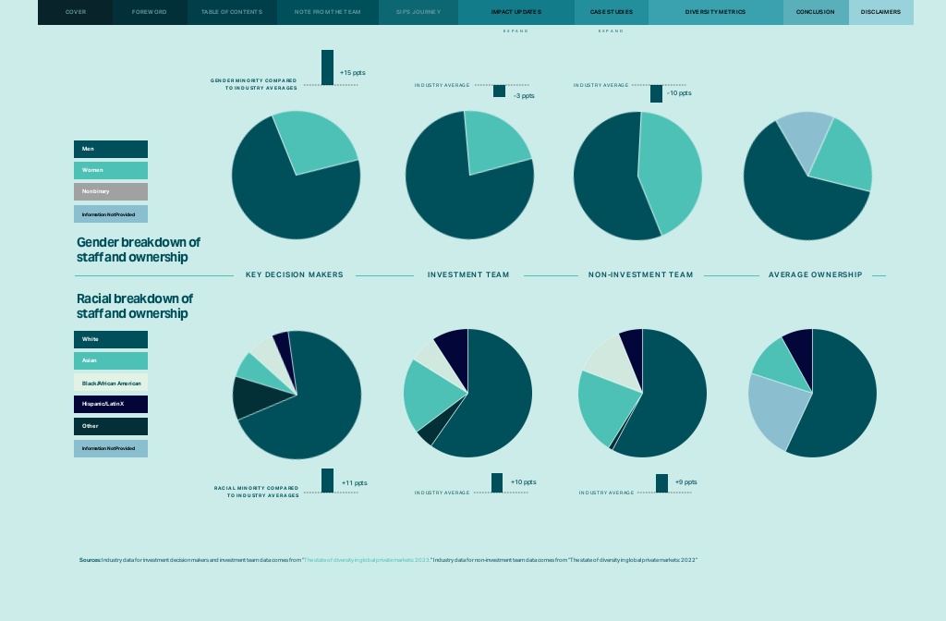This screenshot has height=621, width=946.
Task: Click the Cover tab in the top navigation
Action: [x=75, y=12]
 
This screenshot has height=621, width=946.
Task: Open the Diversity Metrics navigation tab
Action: [x=715, y=12]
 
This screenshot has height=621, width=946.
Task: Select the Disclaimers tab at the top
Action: [x=880, y=12]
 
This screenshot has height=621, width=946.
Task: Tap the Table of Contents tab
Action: [x=232, y=12]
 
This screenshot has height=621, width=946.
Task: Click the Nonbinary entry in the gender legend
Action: [x=110, y=191]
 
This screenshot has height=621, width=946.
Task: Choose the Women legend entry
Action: [x=110, y=170]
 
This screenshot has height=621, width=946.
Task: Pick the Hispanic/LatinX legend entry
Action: [x=110, y=405]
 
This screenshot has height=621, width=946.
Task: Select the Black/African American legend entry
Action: [x=110, y=383]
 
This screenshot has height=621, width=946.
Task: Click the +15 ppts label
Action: [x=353, y=72]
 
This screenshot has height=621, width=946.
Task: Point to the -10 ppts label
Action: [x=679, y=93]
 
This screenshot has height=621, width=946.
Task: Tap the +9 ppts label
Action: [x=685, y=482]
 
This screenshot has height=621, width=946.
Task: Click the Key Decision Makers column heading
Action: [x=294, y=275]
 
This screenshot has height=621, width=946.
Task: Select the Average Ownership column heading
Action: [x=815, y=275]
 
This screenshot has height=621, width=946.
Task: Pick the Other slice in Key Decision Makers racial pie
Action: [x=250, y=396]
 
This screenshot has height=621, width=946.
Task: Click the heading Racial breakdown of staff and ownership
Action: [x=135, y=306]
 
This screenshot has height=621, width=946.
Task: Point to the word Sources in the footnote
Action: [x=90, y=560]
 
